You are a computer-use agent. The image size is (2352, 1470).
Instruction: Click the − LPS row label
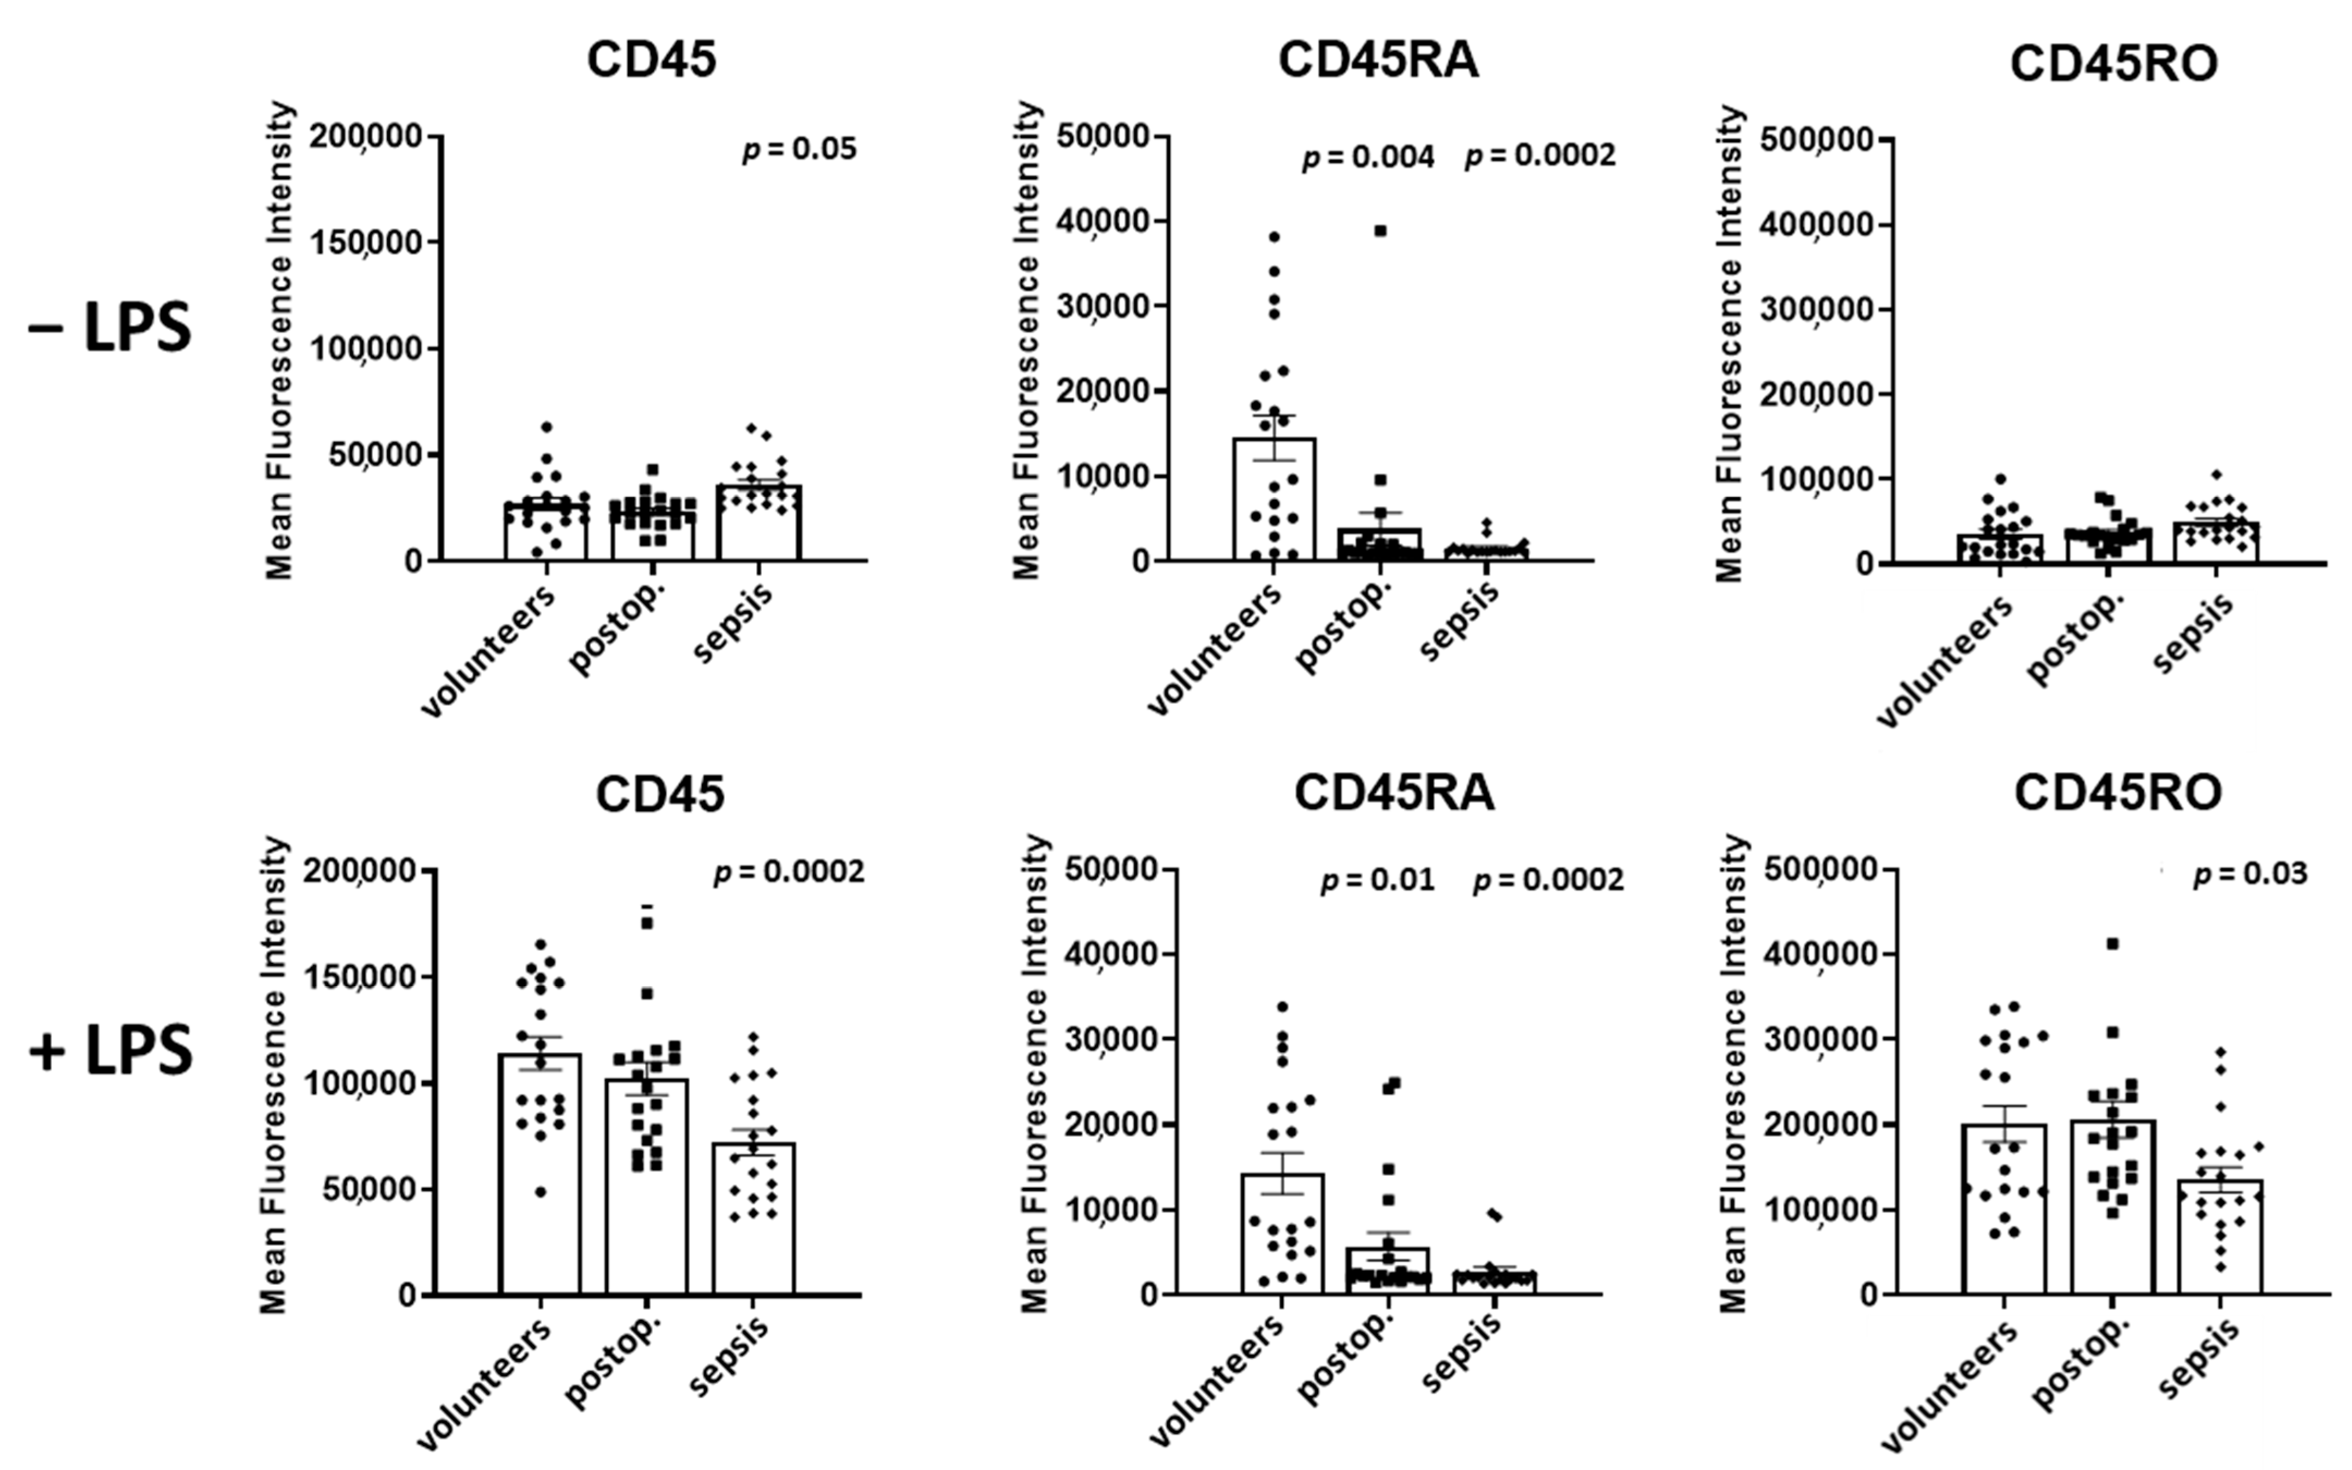click(x=110, y=328)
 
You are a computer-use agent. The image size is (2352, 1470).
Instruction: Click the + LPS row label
click(x=111, y=1052)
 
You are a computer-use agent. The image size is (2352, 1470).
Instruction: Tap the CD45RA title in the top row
click(x=1377, y=60)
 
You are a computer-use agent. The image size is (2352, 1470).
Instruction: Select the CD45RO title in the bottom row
click(x=2117, y=792)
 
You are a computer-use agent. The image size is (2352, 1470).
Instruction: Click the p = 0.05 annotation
click(x=799, y=150)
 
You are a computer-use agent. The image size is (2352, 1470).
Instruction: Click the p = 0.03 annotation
click(x=2249, y=874)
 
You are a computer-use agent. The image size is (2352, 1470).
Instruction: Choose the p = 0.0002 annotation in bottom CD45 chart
click(x=788, y=872)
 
